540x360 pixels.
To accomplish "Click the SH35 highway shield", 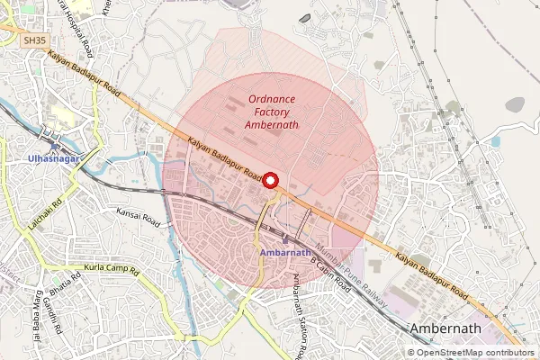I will [34, 40].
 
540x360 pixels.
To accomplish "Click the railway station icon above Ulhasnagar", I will [55, 146].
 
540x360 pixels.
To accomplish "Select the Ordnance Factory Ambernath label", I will [273, 111].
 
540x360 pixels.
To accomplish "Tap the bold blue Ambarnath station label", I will [284, 253].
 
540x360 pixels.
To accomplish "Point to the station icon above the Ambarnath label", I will [285, 239].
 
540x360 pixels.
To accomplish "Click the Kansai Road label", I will [138, 215].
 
